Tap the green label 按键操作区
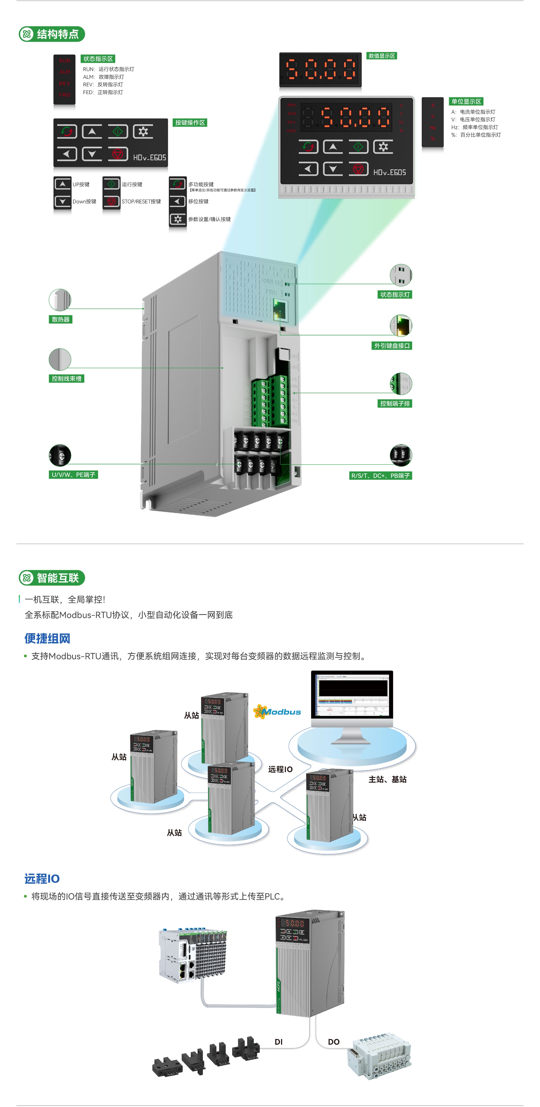[x=190, y=123]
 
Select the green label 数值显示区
[x=382, y=56]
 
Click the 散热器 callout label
[x=61, y=319]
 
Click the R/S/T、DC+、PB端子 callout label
[x=380, y=476]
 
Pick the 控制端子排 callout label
[x=395, y=404]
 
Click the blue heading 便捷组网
[x=47, y=638]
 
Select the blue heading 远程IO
[x=42, y=879]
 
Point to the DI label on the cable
[x=279, y=1042]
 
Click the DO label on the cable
[x=334, y=1042]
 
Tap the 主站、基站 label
[x=387, y=779]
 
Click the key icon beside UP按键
[x=63, y=184]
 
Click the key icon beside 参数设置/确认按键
[x=178, y=219]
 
